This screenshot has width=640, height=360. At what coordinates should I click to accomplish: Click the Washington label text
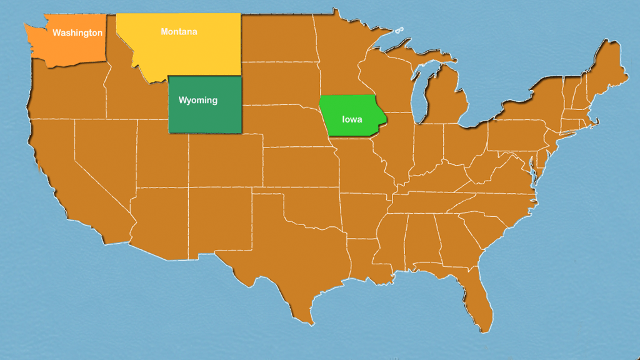tap(77, 32)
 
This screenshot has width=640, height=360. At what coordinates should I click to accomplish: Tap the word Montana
tap(179, 31)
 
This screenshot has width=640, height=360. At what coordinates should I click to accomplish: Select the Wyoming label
tap(198, 100)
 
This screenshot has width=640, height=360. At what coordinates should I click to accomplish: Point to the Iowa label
tap(352, 119)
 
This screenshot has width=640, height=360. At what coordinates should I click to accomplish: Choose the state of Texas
tap(281, 262)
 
